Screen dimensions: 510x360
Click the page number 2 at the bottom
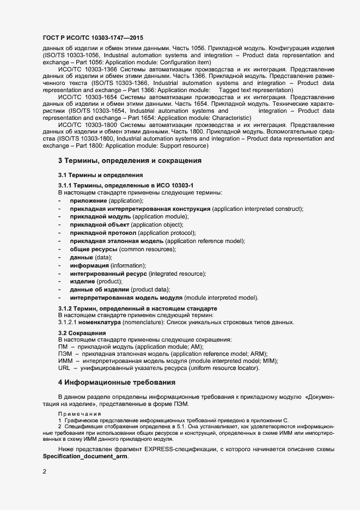click(x=45, y=471)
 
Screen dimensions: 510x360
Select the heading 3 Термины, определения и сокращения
click(x=130, y=161)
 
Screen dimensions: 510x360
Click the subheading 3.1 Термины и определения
click(x=100, y=175)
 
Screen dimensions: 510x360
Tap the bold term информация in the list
click(x=89, y=265)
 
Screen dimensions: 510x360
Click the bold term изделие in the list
click(x=82, y=281)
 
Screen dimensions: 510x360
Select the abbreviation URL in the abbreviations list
click(x=64, y=368)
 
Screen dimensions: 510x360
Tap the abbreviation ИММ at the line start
click(x=65, y=361)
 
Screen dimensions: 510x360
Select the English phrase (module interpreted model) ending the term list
click(x=221, y=297)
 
